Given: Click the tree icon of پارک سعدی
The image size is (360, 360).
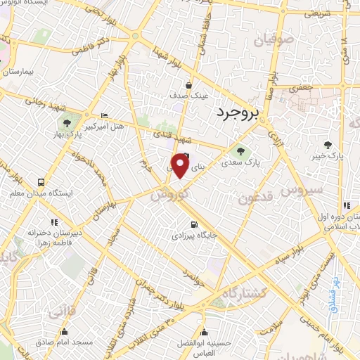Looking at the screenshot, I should point(242,150).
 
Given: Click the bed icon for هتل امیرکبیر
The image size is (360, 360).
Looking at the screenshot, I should point(105,116).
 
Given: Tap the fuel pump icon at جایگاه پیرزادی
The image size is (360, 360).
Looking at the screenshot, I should point(193,226).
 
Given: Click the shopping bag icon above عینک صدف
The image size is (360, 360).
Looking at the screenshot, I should point(188,86).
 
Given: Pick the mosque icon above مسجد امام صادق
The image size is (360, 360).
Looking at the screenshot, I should point(64,332).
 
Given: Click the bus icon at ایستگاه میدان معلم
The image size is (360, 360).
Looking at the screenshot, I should point(15,193).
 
